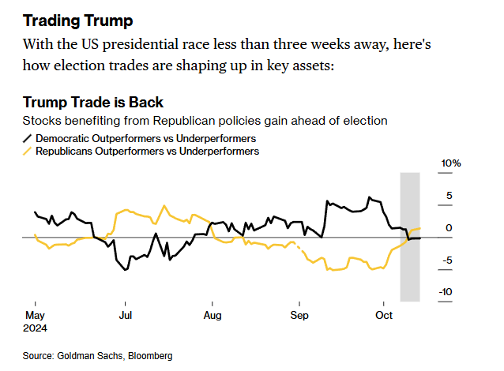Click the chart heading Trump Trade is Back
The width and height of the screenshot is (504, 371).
pos(93,103)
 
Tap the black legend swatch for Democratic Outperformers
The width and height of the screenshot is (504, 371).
pos(28,139)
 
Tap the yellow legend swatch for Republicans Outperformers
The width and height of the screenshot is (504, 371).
pos(28,152)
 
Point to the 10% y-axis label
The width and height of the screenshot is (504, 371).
pos(450,163)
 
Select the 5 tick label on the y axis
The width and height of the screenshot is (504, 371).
pos(448,196)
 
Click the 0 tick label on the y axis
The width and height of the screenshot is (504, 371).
pos(448,228)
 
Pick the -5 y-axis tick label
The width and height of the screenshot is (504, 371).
pos(446,260)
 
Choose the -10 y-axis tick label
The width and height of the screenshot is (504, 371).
pos(446,292)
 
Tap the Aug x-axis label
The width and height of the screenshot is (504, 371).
pos(212,313)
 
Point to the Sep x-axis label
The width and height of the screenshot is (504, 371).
pos(299,313)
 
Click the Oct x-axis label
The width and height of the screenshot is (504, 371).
pos(383,313)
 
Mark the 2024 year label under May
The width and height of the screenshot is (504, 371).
pos(36,326)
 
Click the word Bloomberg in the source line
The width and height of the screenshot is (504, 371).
pos(149,356)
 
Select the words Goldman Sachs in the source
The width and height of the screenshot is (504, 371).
pos(88,356)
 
